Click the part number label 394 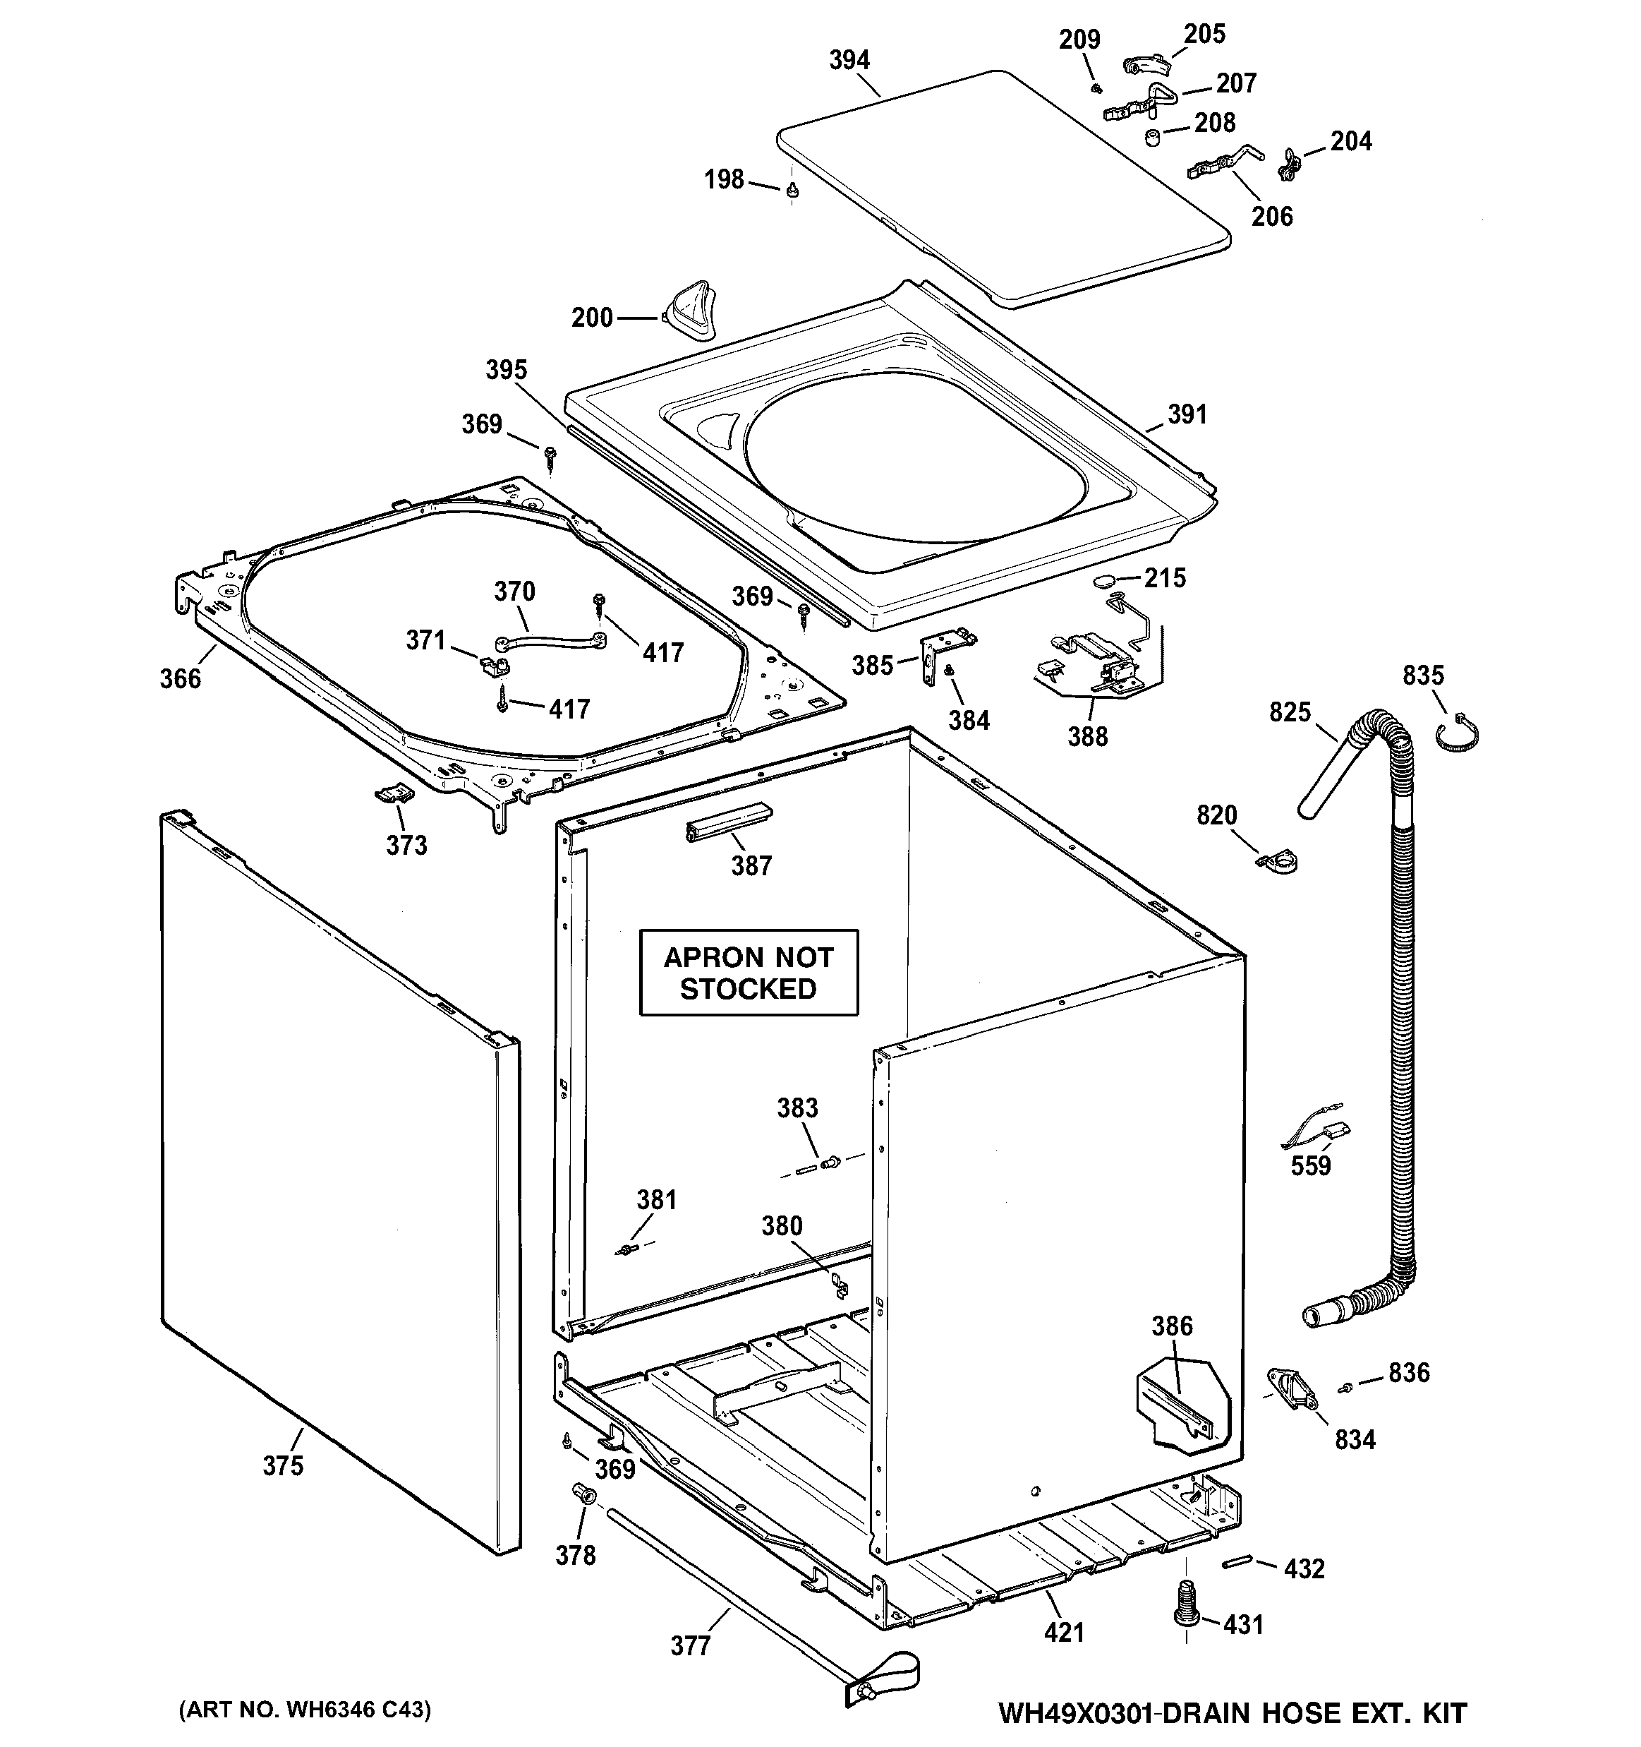849,60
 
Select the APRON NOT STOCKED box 749,973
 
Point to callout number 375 283,1466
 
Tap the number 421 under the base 1064,1633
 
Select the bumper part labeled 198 792,189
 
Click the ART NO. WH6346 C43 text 305,1709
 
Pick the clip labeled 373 394,793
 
